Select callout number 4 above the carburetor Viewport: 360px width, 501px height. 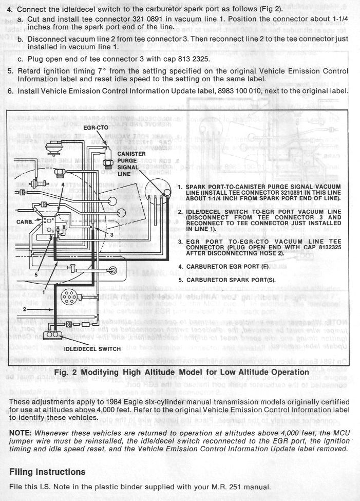click(x=63, y=183)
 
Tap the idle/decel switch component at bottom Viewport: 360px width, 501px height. click(x=51, y=335)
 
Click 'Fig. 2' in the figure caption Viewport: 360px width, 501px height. click(x=69, y=372)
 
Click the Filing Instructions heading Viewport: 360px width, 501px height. click(x=47, y=472)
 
